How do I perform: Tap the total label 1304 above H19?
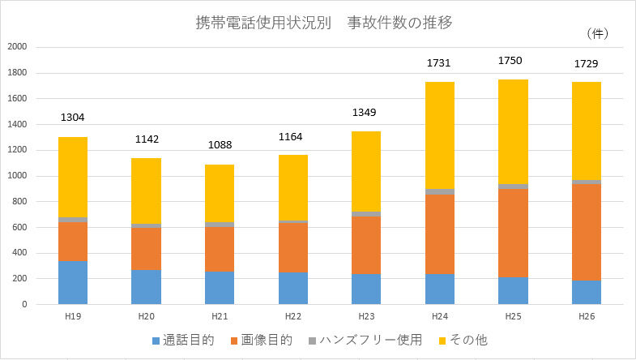coord(72,118)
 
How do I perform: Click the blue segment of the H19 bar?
coord(72,282)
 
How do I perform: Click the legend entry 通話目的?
coord(182,340)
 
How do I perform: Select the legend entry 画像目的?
coord(261,340)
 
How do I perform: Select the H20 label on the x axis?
coord(145,316)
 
